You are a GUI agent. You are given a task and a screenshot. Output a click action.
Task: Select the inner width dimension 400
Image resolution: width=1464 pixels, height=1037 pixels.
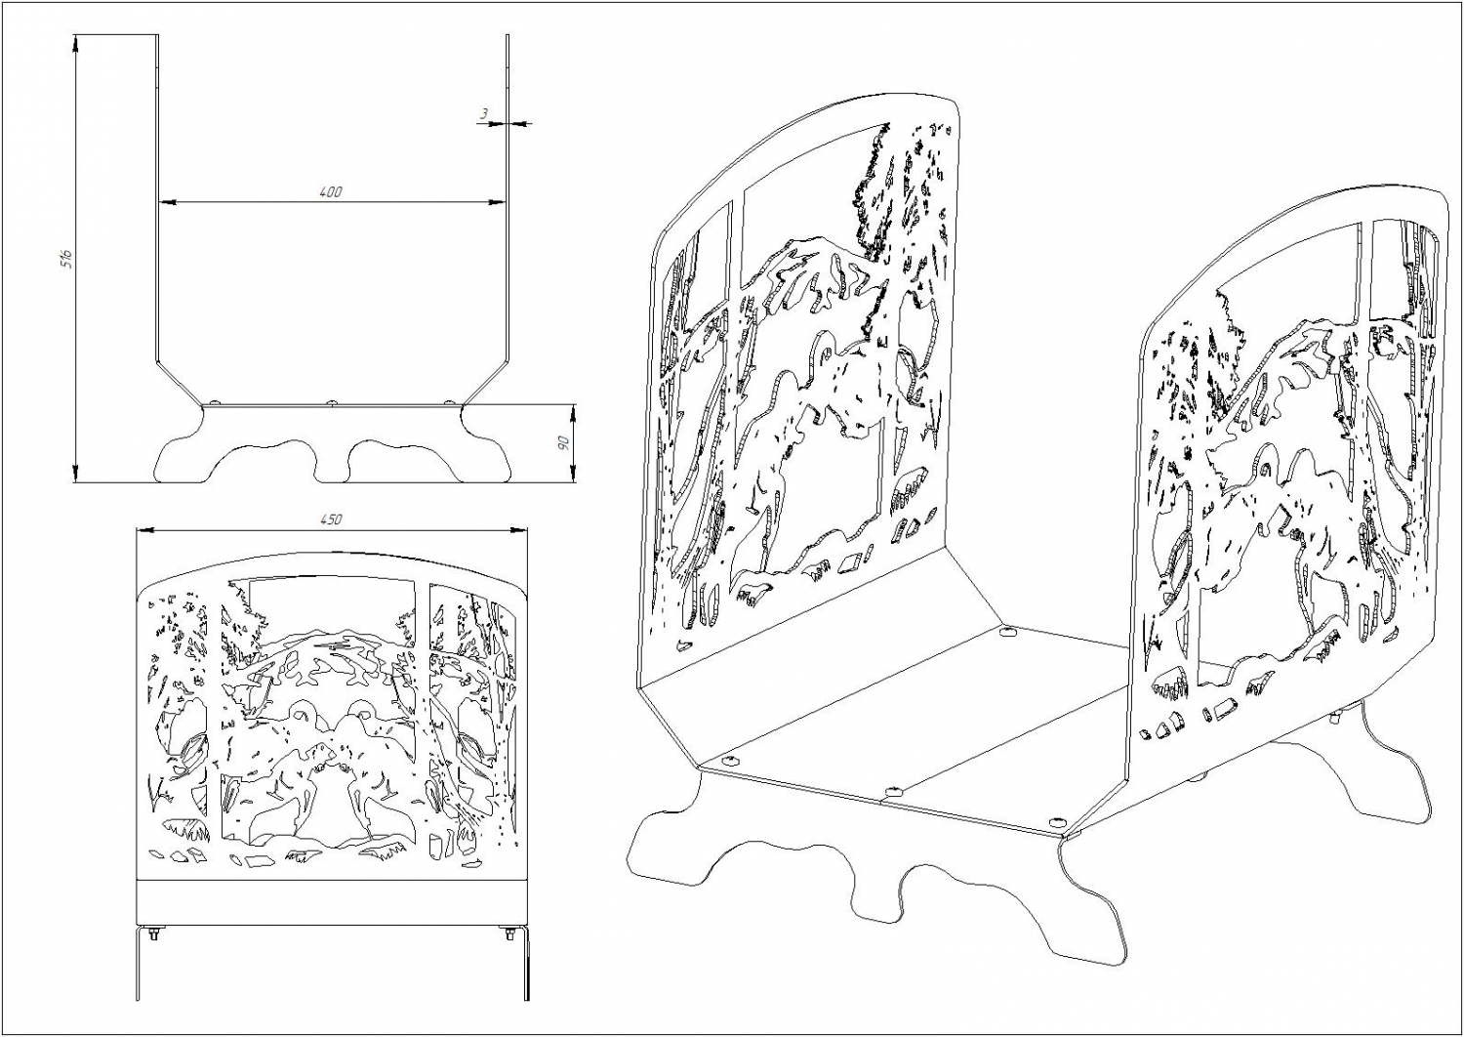pos(332,192)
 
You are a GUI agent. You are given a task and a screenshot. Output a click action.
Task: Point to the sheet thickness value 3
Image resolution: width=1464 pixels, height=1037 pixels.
pos(484,114)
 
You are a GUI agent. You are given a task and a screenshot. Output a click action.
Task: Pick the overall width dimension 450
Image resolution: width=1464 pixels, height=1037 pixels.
pos(332,519)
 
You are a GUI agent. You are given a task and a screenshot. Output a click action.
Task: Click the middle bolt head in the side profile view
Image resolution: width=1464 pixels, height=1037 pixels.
pos(332,401)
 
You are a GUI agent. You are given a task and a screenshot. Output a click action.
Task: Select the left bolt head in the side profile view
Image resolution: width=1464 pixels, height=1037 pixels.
pos(216,402)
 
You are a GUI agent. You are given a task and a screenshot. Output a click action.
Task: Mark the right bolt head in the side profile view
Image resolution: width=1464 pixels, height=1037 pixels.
pos(448,402)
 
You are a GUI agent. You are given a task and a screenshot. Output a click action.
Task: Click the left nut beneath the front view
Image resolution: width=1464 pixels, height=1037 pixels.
pos(154,933)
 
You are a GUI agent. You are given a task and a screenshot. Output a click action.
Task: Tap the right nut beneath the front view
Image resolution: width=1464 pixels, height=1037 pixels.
pos(509,933)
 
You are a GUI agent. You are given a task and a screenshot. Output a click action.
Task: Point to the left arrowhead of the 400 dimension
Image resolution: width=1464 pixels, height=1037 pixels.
pos(167,203)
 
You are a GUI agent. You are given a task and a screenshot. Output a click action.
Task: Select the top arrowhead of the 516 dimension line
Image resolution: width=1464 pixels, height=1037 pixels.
pos(76,43)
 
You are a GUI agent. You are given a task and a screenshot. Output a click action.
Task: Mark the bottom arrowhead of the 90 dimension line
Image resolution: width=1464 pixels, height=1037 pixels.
pos(574,475)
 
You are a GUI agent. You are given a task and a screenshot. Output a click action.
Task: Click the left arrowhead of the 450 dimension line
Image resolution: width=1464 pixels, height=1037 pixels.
pos(144,530)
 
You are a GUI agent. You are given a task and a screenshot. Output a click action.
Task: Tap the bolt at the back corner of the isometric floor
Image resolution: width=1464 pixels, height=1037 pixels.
pos(1008,631)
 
